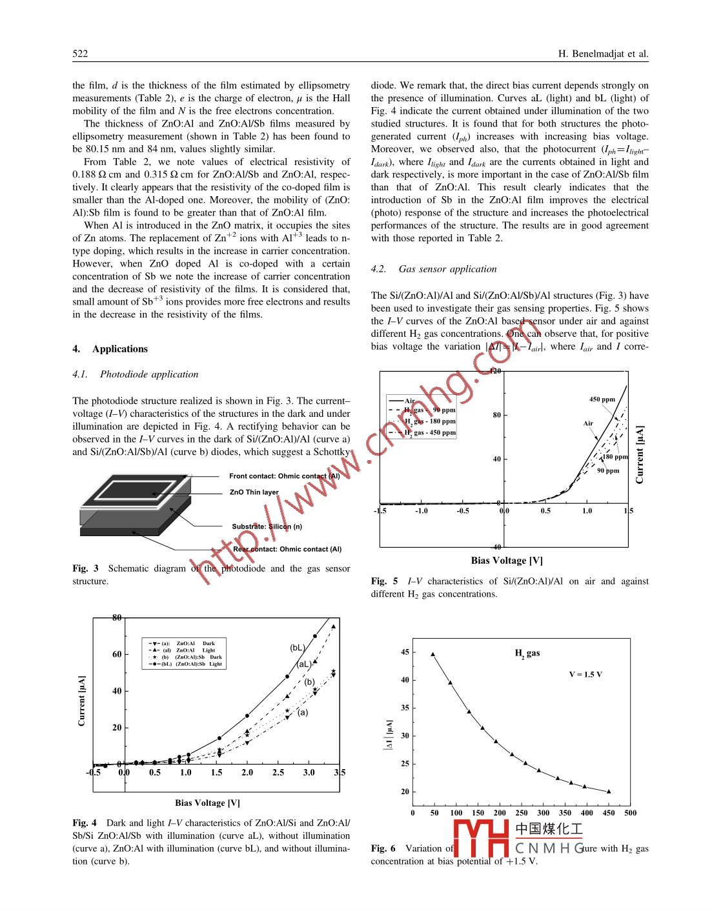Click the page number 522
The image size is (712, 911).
point(80,54)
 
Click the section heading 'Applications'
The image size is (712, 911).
point(119,349)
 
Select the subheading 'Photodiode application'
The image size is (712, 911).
point(148,374)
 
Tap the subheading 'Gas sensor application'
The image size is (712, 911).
point(447,269)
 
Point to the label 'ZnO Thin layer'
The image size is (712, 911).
point(254,492)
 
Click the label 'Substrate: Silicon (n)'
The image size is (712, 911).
point(267,526)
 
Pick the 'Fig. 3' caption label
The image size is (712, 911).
point(85,568)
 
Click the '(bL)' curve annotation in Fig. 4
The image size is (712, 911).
point(297,648)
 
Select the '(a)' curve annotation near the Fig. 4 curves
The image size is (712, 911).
point(303,712)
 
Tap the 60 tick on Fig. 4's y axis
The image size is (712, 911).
point(117,654)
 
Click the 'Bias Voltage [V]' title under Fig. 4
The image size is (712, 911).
point(207,803)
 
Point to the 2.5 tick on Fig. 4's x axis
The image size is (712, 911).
point(278,772)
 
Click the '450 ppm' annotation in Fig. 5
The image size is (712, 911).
point(602,399)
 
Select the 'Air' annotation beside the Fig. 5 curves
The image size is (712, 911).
point(588,423)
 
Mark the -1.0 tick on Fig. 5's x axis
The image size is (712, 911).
point(421,511)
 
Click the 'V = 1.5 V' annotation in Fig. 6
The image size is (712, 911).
point(585,674)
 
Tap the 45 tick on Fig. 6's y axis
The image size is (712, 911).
point(405,652)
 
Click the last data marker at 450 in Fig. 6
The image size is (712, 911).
point(609,791)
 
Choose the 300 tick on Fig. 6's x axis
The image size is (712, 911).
point(544,813)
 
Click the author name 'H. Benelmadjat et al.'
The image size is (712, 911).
point(603,54)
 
